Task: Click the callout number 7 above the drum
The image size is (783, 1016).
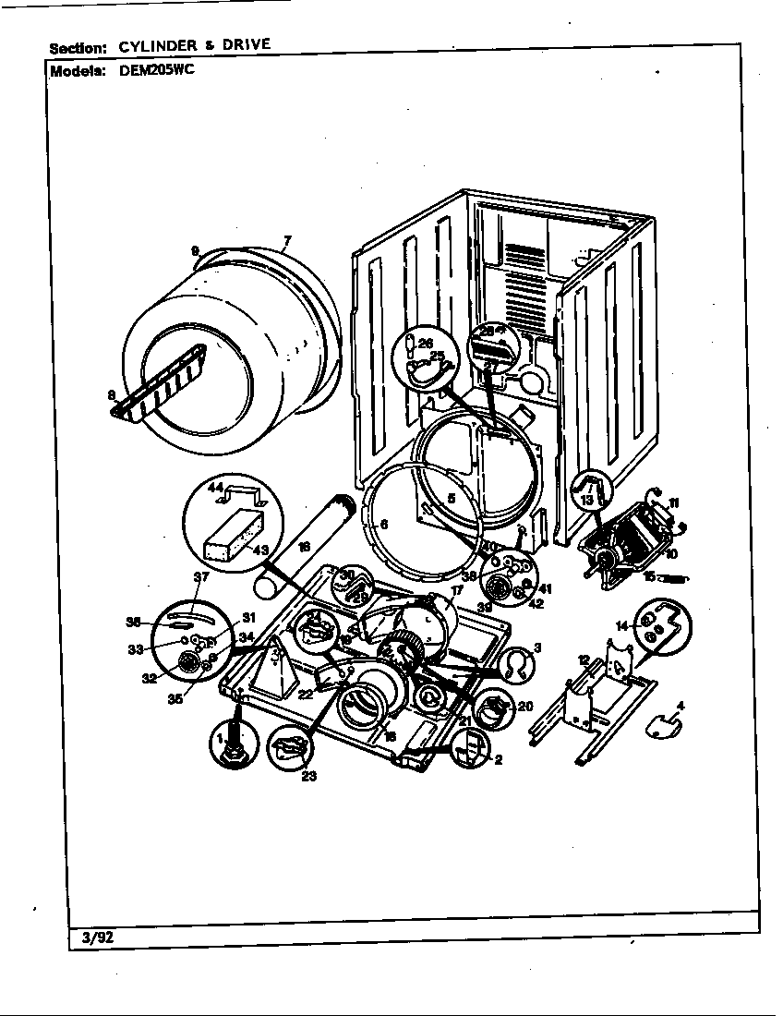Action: click(x=286, y=242)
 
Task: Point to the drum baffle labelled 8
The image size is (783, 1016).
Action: click(x=157, y=381)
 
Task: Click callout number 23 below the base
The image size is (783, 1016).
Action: click(x=307, y=776)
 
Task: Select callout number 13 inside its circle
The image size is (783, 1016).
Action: click(x=586, y=500)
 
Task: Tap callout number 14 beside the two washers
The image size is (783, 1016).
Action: click(x=622, y=626)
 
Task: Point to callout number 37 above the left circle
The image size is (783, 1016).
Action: click(x=201, y=577)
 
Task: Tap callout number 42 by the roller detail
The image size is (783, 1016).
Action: click(x=536, y=605)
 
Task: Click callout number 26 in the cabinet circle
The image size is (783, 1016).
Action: click(x=426, y=344)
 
